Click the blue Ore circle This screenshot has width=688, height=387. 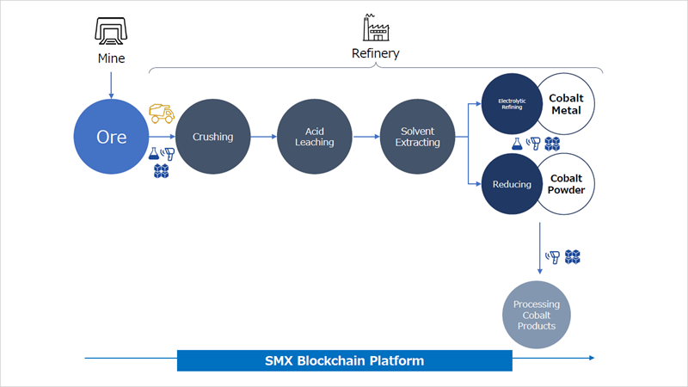(x=111, y=137)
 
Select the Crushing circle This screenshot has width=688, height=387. (x=212, y=137)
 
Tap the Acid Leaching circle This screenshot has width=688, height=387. (x=315, y=137)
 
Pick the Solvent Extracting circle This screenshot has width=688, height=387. (x=417, y=137)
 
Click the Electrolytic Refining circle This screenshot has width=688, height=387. (x=512, y=103)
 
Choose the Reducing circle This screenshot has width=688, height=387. (x=512, y=184)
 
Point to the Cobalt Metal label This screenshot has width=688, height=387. (x=566, y=104)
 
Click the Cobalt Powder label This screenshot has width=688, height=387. (x=566, y=184)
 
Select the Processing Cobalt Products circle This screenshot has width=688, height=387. (x=536, y=315)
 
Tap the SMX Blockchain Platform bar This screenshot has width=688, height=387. (x=345, y=360)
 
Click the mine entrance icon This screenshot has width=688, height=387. (x=111, y=31)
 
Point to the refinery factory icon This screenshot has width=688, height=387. (x=376, y=28)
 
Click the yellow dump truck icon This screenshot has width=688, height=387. (x=162, y=114)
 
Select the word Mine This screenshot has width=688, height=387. (x=111, y=58)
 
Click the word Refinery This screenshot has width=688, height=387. (x=376, y=53)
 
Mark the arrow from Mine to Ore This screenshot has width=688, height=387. (x=111, y=85)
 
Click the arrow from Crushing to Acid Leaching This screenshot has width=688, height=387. (x=264, y=137)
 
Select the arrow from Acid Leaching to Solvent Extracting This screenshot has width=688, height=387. (x=366, y=137)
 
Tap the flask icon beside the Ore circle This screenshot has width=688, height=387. (x=154, y=153)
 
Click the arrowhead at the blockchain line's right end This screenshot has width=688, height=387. (x=592, y=358)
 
